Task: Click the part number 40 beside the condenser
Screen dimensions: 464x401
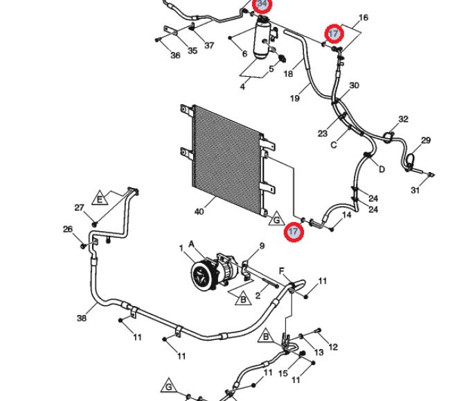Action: (x=199, y=212)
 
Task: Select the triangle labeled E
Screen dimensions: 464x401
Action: (x=100, y=198)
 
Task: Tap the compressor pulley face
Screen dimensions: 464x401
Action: (x=202, y=275)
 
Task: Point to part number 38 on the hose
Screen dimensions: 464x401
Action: (x=82, y=318)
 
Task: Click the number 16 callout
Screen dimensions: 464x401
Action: (x=364, y=18)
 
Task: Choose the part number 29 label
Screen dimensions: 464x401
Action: (x=425, y=140)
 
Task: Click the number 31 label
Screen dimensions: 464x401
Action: (x=415, y=190)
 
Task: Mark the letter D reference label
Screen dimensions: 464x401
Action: (x=382, y=169)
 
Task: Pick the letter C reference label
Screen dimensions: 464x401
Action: (x=334, y=145)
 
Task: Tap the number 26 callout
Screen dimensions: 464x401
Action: (x=68, y=229)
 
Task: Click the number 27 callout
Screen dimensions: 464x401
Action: (x=79, y=207)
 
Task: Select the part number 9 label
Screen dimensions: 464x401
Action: (x=262, y=246)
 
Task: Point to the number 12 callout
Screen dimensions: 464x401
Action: (x=333, y=347)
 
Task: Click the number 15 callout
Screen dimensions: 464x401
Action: (x=283, y=373)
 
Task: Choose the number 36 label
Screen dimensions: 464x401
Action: (x=175, y=55)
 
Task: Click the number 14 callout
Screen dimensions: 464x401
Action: (x=346, y=214)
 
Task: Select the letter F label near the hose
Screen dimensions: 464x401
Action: (x=282, y=271)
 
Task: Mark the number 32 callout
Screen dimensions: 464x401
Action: (x=403, y=119)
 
